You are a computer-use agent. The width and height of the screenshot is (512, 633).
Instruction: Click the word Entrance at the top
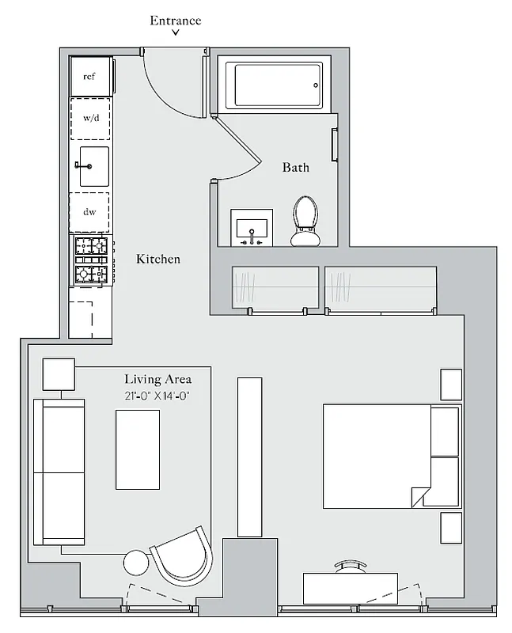[176, 20]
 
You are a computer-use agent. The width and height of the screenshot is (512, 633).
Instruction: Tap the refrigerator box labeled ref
[89, 76]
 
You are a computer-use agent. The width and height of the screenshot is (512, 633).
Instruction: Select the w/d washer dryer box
[89, 119]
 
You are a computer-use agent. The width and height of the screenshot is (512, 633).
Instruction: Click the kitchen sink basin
[93, 166]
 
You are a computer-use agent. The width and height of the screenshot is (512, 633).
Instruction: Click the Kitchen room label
[158, 259]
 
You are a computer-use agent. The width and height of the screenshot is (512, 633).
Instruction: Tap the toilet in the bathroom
[306, 221]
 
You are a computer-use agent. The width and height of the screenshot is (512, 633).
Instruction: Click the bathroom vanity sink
[252, 226]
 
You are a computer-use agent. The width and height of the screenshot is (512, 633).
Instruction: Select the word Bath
[296, 167]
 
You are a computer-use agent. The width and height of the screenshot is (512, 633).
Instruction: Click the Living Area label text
[158, 380]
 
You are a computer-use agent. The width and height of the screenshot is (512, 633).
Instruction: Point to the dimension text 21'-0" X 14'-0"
[157, 396]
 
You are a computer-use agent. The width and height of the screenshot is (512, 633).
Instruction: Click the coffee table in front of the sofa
[138, 449]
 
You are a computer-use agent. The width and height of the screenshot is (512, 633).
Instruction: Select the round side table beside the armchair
[137, 564]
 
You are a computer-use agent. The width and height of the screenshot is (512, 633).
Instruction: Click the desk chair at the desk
[351, 567]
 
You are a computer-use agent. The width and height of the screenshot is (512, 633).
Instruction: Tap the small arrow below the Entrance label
[176, 34]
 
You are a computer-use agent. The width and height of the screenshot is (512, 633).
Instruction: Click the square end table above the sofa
[58, 374]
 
